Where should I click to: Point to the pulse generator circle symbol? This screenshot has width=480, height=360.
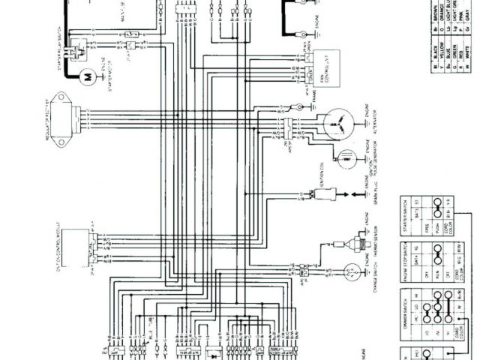point(346,158)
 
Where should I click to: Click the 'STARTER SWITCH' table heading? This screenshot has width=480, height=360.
point(404,216)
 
